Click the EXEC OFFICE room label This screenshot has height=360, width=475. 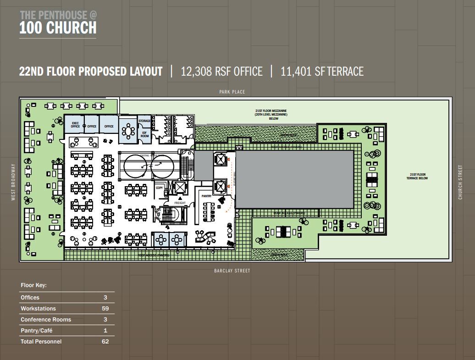tap(75, 125)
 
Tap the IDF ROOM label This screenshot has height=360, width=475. tap(144, 135)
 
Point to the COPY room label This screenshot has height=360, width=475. tap(160, 188)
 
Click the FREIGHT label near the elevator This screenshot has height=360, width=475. tap(180, 203)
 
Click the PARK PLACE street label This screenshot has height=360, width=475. tap(232, 92)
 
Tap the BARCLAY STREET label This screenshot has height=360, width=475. tap(232, 271)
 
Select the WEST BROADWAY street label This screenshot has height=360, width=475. tap(14, 182)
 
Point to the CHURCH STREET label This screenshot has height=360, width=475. tap(460, 182)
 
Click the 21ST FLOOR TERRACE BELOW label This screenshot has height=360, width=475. tap(416, 176)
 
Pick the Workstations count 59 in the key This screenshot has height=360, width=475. tap(105, 309)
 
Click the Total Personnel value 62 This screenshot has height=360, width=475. tap(105, 342)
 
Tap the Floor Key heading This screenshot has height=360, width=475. tap(34, 285)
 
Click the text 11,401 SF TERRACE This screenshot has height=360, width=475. tap(322, 72)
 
